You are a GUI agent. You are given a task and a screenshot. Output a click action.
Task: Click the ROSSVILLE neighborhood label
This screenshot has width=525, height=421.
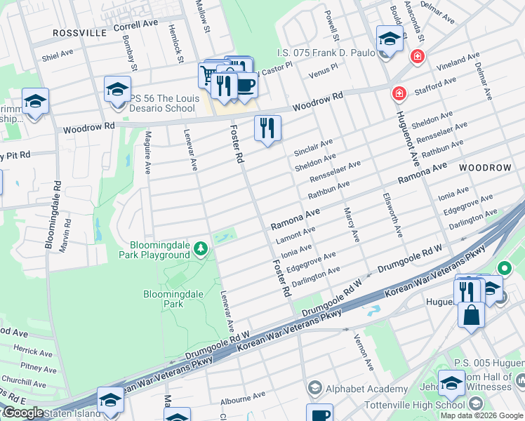81,33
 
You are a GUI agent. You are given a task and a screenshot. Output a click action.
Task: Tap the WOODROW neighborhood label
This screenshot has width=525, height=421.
486,168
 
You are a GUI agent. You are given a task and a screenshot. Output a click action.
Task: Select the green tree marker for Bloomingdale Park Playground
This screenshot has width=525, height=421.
201,248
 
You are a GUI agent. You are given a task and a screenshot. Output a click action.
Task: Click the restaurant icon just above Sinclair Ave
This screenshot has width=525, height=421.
267,128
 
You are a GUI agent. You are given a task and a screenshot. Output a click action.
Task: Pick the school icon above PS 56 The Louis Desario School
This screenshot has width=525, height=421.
117,90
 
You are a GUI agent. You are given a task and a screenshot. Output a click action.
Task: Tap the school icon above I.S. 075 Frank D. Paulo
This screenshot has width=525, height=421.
389,39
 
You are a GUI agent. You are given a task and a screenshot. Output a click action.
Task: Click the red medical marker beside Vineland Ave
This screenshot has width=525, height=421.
418,56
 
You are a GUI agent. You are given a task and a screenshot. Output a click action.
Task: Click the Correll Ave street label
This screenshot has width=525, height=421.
135,24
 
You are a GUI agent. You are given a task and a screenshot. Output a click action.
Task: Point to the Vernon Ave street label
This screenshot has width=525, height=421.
364,353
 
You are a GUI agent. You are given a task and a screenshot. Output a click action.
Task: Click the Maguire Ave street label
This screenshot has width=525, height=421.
148,154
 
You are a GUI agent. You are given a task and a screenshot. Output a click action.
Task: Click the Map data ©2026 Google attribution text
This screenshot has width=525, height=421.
481,415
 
